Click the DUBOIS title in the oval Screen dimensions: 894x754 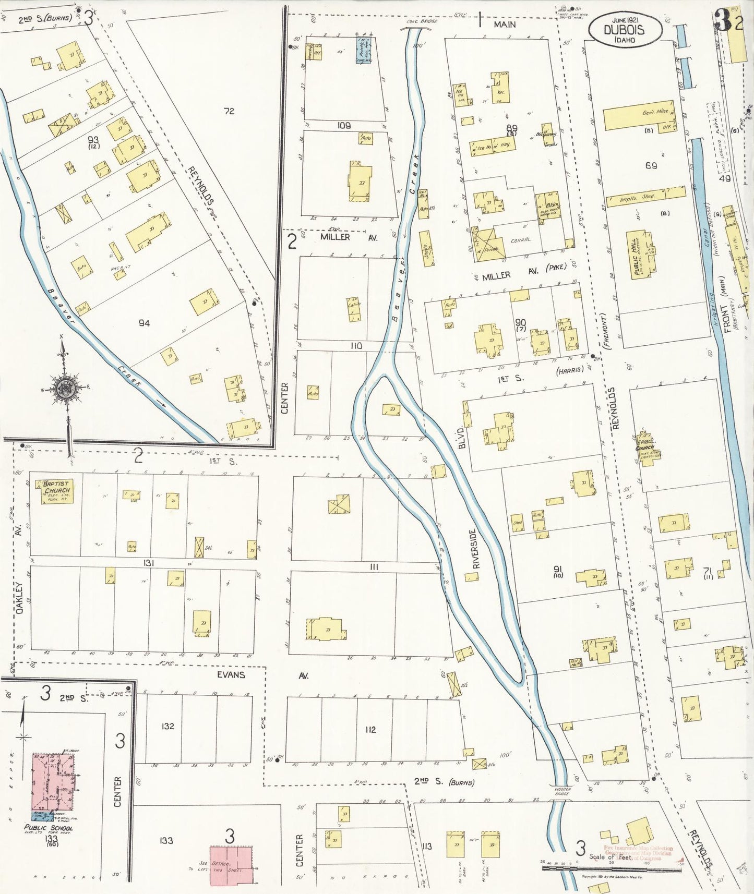coord(624,30)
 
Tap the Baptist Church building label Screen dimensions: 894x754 coord(57,487)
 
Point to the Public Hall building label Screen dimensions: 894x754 coord(638,255)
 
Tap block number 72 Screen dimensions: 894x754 coord(229,111)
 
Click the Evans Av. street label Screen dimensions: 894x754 coord(231,674)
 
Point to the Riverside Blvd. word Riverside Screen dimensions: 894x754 coord(474,548)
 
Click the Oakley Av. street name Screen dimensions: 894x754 coord(19,598)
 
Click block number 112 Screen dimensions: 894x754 coord(370,729)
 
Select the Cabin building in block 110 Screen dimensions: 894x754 coord(354,309)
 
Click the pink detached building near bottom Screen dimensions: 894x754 coord(231,865)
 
